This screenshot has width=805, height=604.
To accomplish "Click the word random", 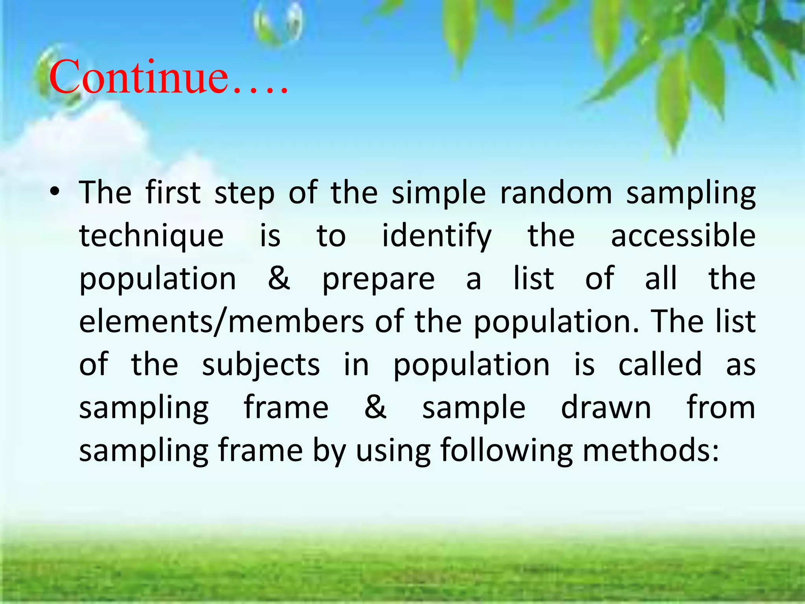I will coord(556,193).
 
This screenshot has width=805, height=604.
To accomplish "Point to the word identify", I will coord(437,236).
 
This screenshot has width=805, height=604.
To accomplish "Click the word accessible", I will coord(683,236).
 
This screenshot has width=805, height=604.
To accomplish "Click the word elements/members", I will coord(221,322).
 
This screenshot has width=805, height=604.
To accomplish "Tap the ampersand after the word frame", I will coord(375,407).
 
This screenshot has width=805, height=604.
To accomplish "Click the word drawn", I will coord(606,407).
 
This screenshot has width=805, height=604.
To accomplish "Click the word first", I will coord(173,193).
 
